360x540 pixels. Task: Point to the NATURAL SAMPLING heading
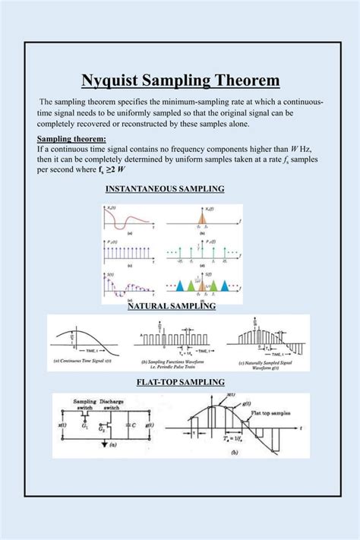tap(172, 305)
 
